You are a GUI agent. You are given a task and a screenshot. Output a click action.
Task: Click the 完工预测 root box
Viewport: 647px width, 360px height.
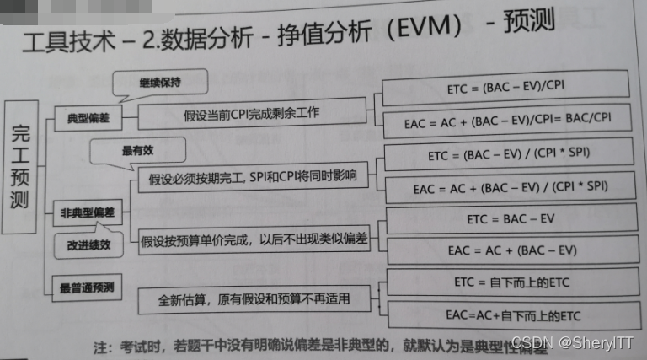pos(21,167)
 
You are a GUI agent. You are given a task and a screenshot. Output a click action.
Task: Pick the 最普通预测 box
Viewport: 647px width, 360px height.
pos(88,287)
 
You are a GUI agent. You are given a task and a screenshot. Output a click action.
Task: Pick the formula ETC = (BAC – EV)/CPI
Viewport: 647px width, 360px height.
pos(505,86)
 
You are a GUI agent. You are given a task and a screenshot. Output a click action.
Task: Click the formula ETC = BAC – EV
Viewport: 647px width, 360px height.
pos(511,219)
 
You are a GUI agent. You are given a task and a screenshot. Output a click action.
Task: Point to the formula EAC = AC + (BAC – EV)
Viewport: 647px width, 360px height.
pos(511,250)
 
